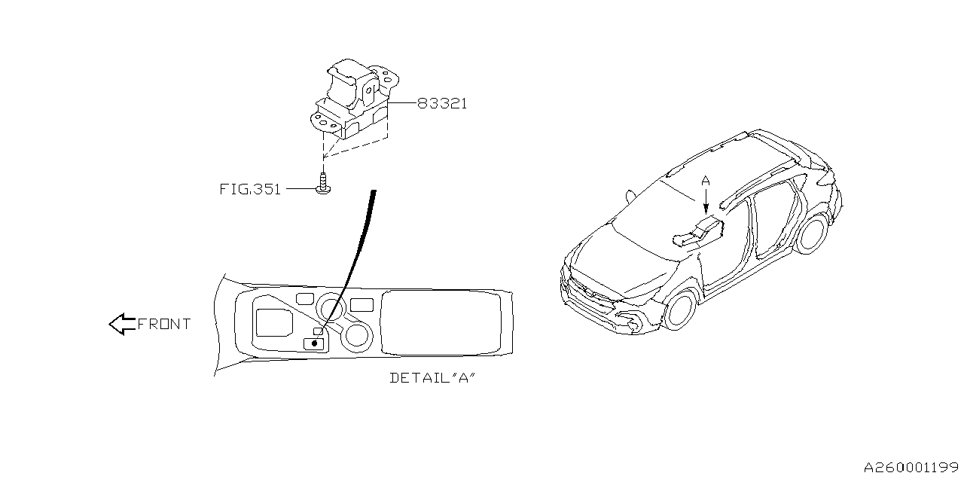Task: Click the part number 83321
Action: click(x=442, y=104)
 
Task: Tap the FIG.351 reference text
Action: click(x=250, y=189)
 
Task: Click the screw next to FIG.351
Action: click(x=323, y=184)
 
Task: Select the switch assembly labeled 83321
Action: click(x=354, y=100)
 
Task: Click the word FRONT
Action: click(x=164, y=324)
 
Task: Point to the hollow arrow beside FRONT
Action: click(x=122, y=324)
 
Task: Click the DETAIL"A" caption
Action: click(x=432, y=378)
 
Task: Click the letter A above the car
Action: click(x=706, y=182)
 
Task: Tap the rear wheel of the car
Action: click(x=813, y=233)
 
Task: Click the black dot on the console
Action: click(x=314, y=343)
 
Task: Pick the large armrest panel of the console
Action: click(x=441, y=323)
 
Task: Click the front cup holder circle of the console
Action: click(x=331, y=307)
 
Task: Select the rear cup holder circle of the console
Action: click(x=357, y=336)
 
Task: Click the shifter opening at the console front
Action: click(x=274, y=322)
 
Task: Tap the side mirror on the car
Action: click(x=630, y=197)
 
